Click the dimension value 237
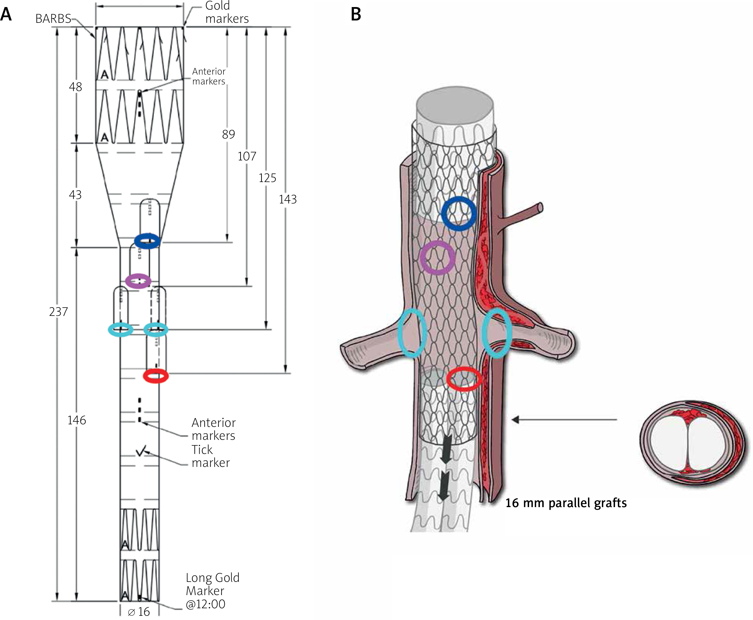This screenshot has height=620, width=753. [x=58, y=312]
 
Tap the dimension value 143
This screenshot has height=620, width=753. [x=287, y=199]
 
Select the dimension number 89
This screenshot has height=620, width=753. [x=228, y=134]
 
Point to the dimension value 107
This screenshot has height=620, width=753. [x=247, y=156]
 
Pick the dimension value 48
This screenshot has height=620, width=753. [x=75, y=87]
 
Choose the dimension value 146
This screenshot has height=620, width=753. [x=77, y=420]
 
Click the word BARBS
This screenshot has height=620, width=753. [x=53, y=19]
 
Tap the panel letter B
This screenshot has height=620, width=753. [x=356, y=15]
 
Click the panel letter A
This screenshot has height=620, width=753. [x=6, y=15]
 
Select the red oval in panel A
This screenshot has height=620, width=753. [x=156, y=376]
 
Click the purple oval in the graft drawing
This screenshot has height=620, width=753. [x=138, y=281]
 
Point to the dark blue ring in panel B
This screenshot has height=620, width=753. [x=459, y=213]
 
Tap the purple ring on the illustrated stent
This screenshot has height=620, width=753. [x=437, y=258]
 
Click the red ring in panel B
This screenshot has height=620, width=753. [x=464, y=379]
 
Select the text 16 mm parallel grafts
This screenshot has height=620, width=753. [x=566, y=503]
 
